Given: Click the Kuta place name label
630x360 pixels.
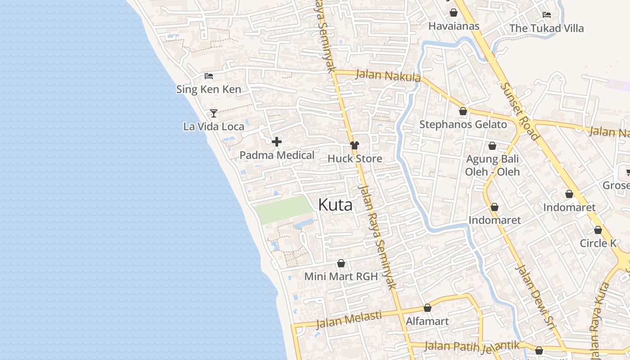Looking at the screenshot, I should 335,205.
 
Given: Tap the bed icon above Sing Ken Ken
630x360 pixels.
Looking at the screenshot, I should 208,76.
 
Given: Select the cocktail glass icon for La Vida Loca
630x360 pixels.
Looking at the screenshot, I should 214,113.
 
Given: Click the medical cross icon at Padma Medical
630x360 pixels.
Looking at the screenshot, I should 277,142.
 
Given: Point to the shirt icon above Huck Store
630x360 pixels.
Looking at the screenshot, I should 355,145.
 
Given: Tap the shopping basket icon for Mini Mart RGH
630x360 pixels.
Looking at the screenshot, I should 341,263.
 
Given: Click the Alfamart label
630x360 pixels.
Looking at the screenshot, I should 427,321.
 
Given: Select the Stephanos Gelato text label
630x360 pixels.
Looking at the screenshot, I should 463,125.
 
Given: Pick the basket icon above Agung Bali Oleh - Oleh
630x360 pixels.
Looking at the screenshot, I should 492,146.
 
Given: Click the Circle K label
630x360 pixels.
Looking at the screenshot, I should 598,243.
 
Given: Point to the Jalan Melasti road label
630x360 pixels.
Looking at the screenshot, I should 349,320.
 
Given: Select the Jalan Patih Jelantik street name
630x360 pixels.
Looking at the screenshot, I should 472,346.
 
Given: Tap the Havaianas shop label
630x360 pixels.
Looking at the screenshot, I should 454,26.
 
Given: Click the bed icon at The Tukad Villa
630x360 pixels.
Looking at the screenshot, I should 547,15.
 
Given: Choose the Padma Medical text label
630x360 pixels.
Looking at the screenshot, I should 277,155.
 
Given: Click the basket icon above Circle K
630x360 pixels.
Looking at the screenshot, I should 598,230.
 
